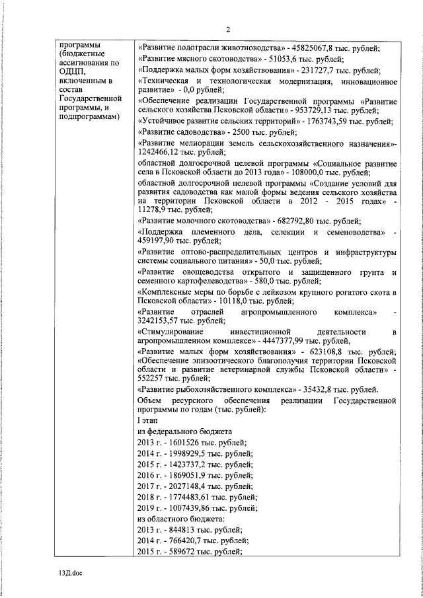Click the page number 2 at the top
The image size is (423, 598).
point(227,28)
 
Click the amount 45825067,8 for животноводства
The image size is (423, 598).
point(313,46)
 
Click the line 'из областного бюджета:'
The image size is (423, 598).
point(173,519)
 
